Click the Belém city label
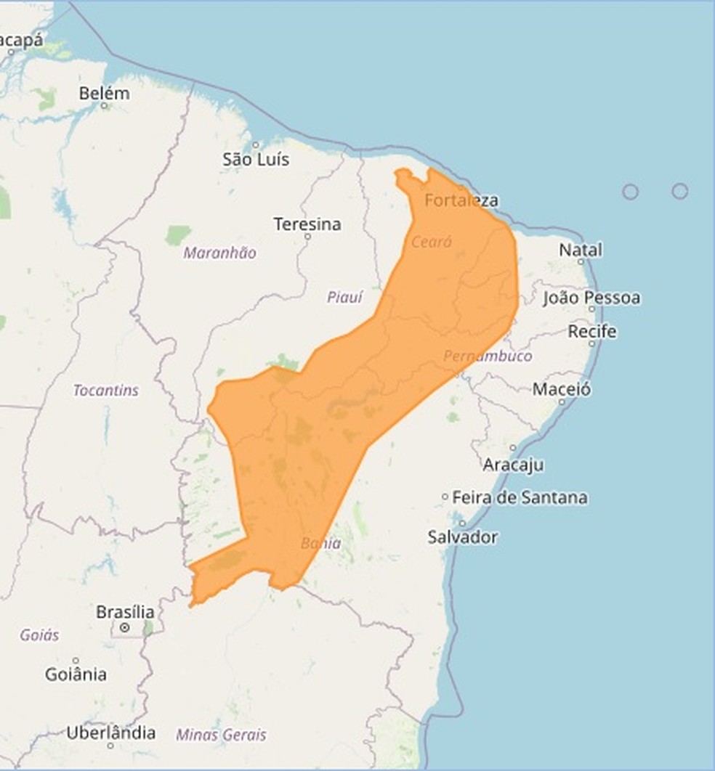105,94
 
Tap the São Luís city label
256,160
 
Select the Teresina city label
307,224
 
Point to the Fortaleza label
461,200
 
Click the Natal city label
581,250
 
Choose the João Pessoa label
591,298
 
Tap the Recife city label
592,332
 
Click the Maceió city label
562,389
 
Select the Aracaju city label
513,465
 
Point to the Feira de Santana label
520,498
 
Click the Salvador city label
462,537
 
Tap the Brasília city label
125,611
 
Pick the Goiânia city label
76,674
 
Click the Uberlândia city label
110,733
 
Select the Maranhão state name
219,253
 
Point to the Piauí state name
344,297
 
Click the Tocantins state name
105,391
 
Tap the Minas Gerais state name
221,735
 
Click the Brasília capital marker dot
125,627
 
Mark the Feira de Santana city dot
445,497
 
